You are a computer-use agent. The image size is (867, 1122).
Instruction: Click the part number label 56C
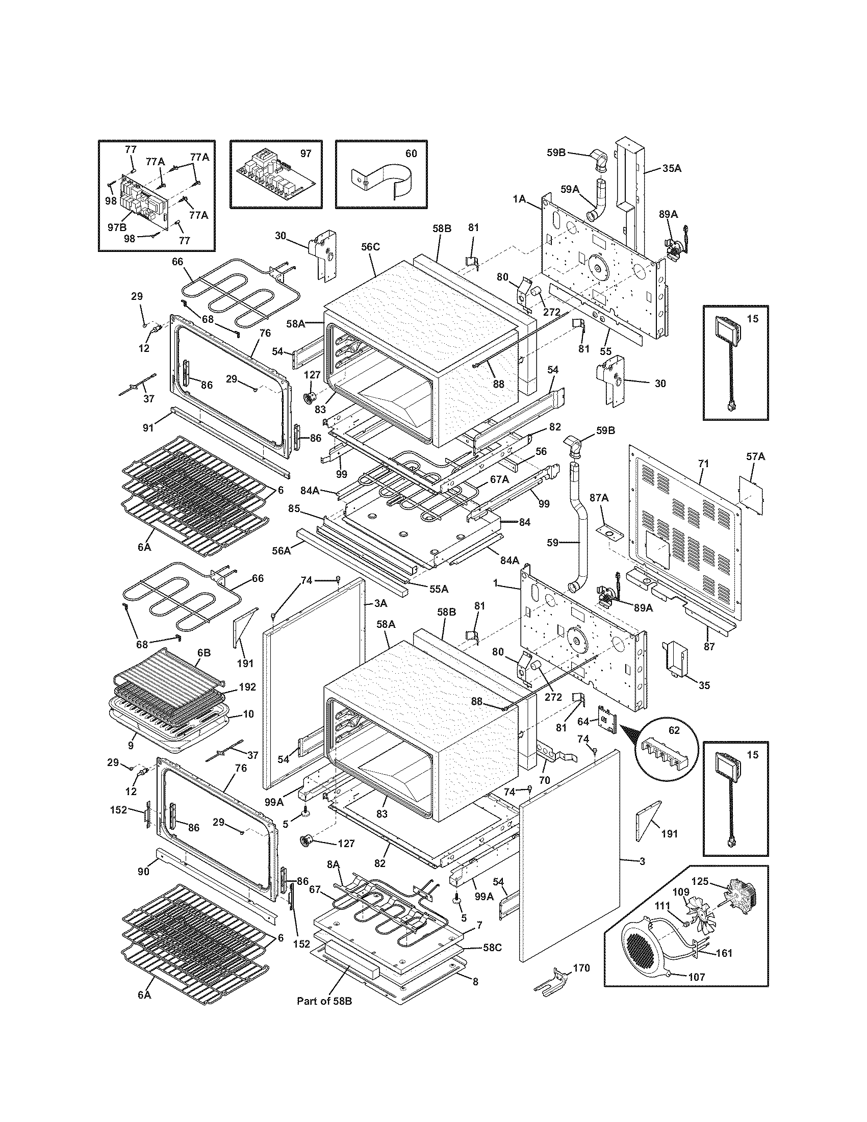370,247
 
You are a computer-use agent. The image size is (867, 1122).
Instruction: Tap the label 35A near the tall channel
671,168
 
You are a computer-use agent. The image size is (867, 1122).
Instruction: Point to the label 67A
499,479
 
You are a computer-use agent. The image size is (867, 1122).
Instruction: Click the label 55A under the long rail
438,589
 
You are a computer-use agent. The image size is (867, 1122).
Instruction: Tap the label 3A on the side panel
380,604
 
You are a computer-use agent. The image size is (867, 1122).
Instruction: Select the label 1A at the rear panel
519,198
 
